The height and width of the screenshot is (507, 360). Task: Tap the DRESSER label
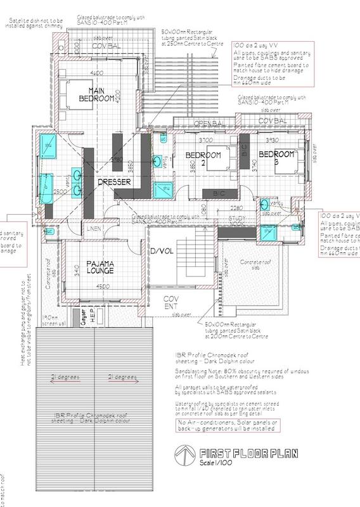pos(114,182)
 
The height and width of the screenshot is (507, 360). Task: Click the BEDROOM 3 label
pos(277,158)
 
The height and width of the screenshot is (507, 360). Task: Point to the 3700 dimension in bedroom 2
pos(205,139)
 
